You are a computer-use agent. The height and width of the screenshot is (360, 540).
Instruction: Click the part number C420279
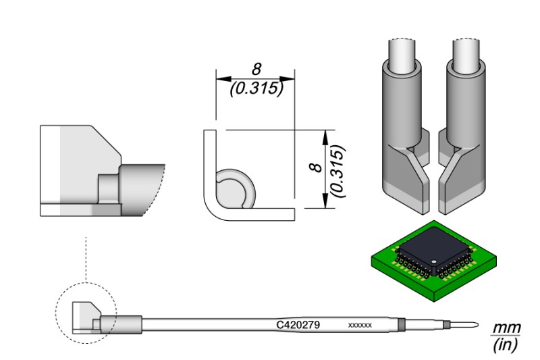(x=298, y=325)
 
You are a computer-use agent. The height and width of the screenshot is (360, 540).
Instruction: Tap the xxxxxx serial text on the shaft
(x=360, y=326)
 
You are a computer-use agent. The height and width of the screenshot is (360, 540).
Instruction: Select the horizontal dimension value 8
(x=256, y=68)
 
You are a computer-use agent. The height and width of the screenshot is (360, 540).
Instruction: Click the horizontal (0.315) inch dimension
(x=256, y=88)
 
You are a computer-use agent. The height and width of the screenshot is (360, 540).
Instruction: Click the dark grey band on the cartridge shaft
(x=403, y=326)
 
